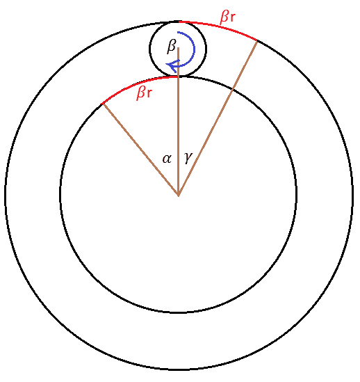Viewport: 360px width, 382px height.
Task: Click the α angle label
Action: pyautogui.click(x=167, y=159)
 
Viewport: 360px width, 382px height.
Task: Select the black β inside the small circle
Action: pyautogui.click(x=172, y=46)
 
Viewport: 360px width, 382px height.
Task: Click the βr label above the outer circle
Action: pyautogui.click(x=227, y=17)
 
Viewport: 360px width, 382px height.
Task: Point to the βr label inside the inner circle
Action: pyautogui.click(x=145, y=93)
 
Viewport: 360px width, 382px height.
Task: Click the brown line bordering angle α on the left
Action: pyautogui.click(x=140, y=150)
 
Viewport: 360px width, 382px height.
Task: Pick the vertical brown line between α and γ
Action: pyautogui.click(x=179, y=121)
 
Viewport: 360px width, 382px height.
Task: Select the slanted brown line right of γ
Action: pyautogui.click(x=218, y=118)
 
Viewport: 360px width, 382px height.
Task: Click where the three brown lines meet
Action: pyautogui.click(x=179, y=195)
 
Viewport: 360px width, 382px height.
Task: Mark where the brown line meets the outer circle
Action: pyautogui.click(x=257, y=40)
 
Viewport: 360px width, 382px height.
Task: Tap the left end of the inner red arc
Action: pyautogui.click(x=101, y=104)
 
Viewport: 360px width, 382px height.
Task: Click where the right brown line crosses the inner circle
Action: pyautogui.click(x=232, y=90)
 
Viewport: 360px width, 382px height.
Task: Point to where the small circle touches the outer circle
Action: pyautogui.click(x=179, y=22)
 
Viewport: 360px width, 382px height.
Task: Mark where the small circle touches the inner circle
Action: pyautogui.click(x=179, y=77)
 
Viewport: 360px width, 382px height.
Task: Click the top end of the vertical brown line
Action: pyautogui.click(x=179, y=48)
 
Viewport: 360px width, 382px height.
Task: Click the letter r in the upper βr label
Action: pyautogui.click(x=232, y=17)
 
